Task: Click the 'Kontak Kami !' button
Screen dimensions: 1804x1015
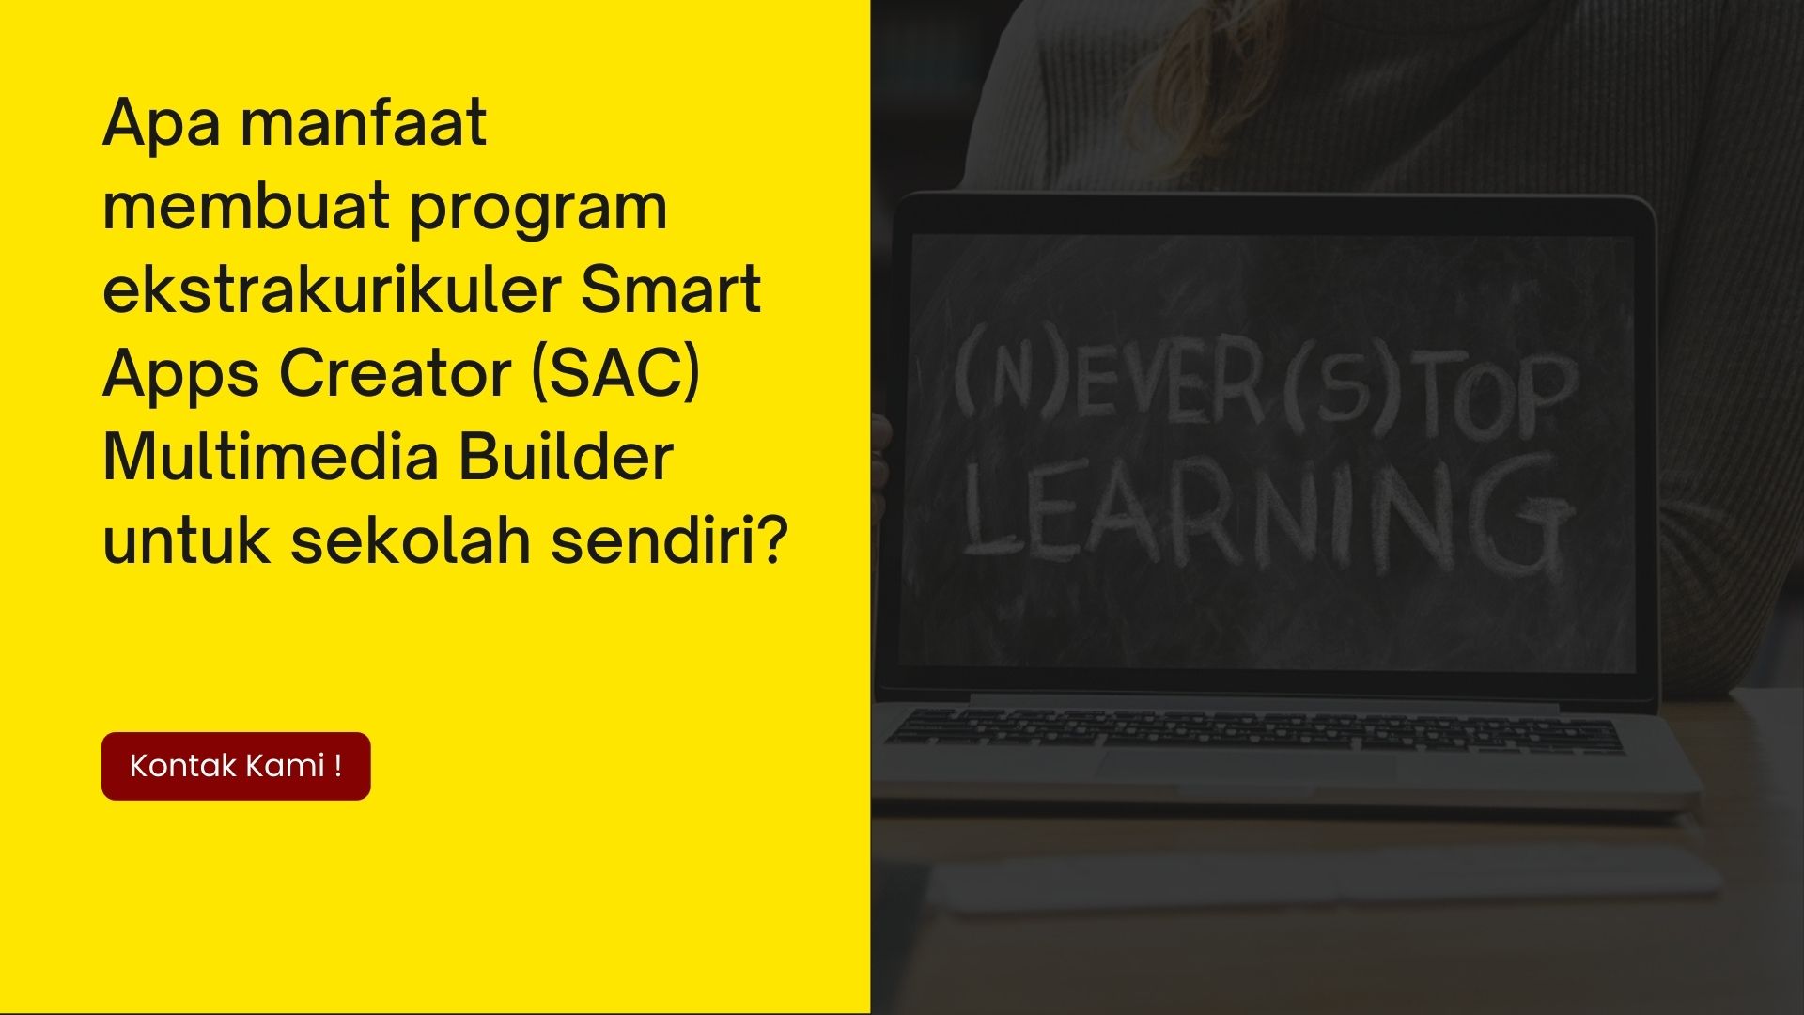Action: click(x=236, y=766)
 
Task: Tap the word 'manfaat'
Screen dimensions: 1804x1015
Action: click(x=363, y=122)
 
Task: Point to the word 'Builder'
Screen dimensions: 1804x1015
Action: click(x=566, y=458)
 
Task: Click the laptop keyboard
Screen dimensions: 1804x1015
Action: click(x=1254, y=732)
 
